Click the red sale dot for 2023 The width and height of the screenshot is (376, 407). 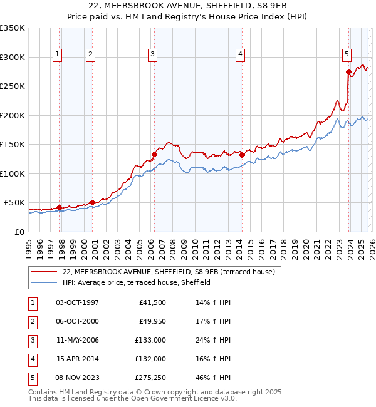point(348,72)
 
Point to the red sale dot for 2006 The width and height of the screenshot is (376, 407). point(154,154)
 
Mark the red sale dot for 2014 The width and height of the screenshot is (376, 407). point(242,155)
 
